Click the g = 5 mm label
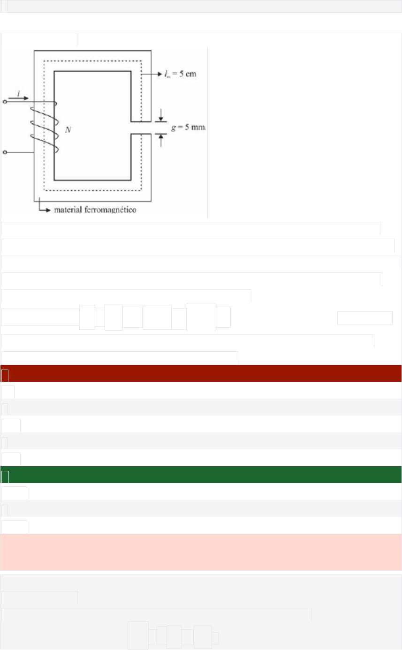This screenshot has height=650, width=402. [186, 127]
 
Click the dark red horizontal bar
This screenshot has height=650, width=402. [201, 373]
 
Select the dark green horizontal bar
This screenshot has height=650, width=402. [201, 475]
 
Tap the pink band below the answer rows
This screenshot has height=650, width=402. [201, 552]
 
